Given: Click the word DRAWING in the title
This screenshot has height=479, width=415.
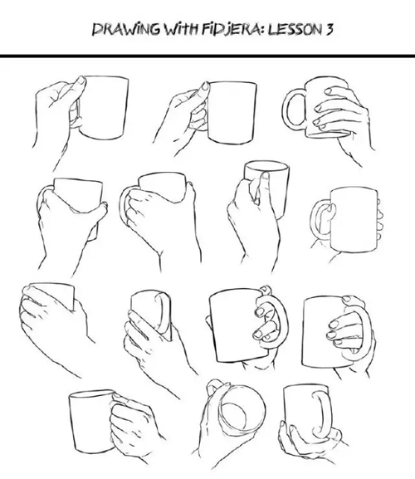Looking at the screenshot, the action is tap(126, 29).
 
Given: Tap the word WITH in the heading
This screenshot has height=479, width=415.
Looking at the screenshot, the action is tap(182, 29).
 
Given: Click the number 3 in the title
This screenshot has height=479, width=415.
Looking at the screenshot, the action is tap(329, 29).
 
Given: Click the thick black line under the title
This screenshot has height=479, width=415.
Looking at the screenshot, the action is tap(207, 56).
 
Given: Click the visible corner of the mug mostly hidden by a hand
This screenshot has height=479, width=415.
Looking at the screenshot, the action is tap(73, 308).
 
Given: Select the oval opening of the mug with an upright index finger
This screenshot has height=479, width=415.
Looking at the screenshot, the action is tap(266, 168).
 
